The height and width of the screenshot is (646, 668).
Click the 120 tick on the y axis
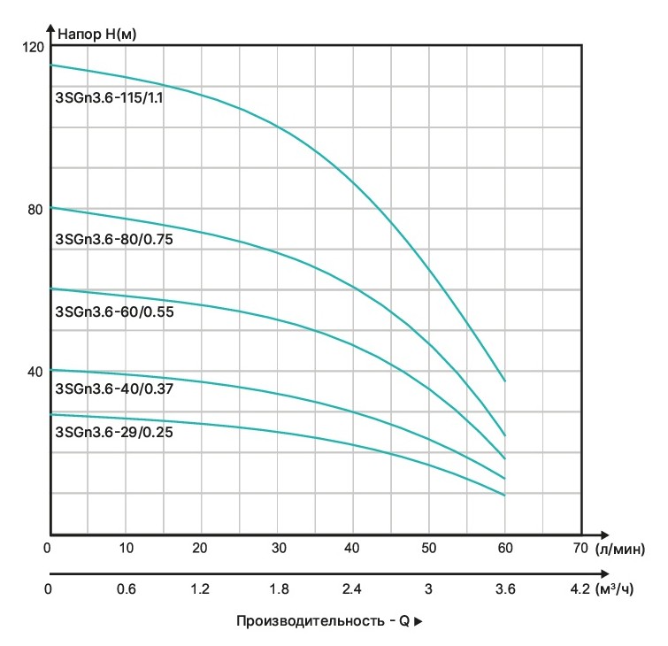tap(34, 46)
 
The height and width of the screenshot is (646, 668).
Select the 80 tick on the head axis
tap(35, 209)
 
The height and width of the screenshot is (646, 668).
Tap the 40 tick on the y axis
tap(35, 371)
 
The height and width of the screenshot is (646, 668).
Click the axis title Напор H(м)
tap(96, 35)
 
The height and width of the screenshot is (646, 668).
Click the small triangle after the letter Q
tap(418, 622)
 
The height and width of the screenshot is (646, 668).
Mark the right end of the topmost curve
tap(505, 381)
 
